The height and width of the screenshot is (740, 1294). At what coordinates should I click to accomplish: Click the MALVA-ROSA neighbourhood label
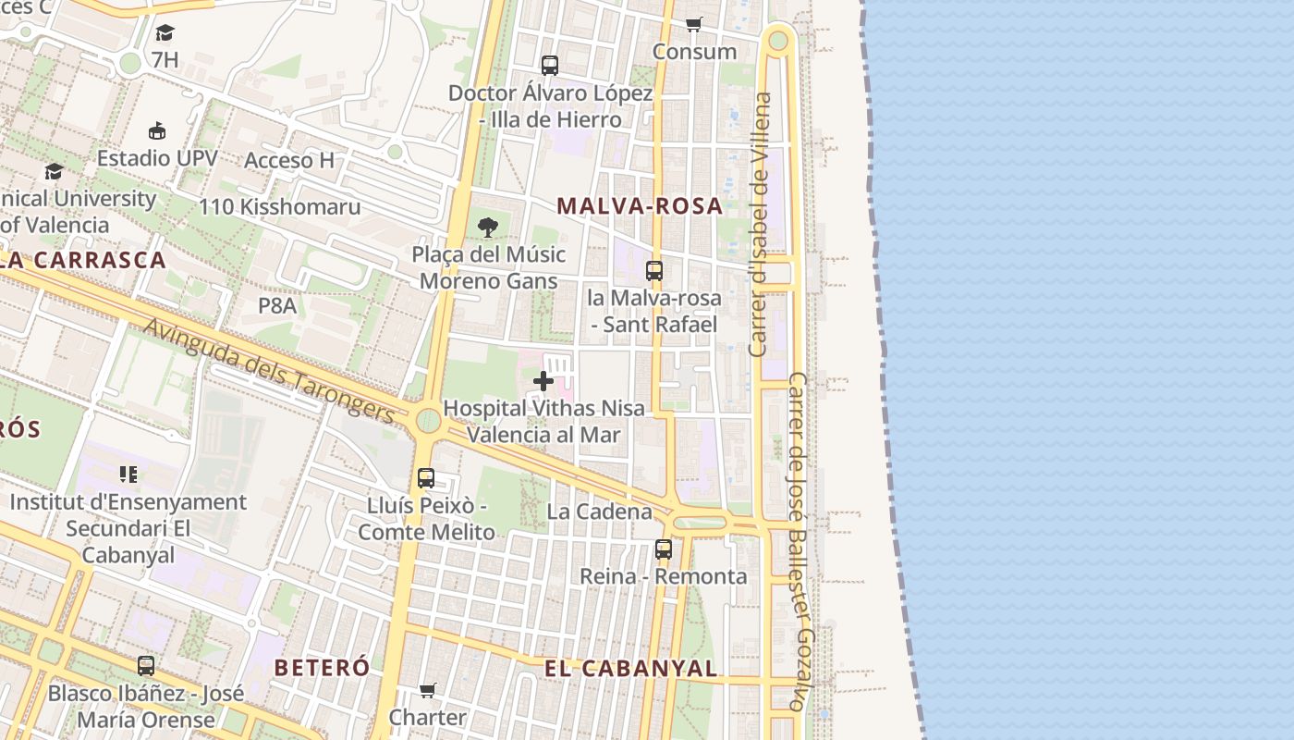(640, 206)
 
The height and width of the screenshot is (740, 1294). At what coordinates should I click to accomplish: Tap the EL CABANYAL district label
(630, 669)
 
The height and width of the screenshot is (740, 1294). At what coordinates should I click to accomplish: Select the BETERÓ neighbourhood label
(322, 667)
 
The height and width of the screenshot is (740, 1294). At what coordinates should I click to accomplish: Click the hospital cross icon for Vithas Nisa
(543, 380)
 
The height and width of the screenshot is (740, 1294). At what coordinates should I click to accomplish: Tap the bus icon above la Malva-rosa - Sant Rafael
(654, 271)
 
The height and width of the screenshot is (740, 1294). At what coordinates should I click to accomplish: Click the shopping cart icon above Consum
(694, 24)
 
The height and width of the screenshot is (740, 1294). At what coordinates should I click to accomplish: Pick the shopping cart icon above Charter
(427, 690)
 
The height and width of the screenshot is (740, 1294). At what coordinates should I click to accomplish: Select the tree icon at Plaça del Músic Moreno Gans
(488, 227)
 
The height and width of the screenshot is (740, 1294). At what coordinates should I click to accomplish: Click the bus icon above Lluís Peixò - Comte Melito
(426, 478)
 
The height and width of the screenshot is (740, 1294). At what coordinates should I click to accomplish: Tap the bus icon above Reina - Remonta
(664, 549)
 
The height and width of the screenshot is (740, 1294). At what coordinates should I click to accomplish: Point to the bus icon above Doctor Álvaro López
(550, 66)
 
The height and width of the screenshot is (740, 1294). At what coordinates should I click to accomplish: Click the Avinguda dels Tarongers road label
(269, 371)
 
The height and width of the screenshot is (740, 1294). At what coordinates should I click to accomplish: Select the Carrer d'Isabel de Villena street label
(760, 225)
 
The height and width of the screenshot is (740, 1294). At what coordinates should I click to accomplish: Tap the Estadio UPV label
(157, 158)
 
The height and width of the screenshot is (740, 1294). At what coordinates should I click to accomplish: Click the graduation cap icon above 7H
(165, 33)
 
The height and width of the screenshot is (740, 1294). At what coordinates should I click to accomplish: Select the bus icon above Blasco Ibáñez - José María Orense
(146, 666)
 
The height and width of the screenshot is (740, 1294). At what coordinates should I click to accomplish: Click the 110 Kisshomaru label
(279, 207)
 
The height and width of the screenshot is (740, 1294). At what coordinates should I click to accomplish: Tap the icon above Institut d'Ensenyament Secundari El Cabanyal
(128, 475)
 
